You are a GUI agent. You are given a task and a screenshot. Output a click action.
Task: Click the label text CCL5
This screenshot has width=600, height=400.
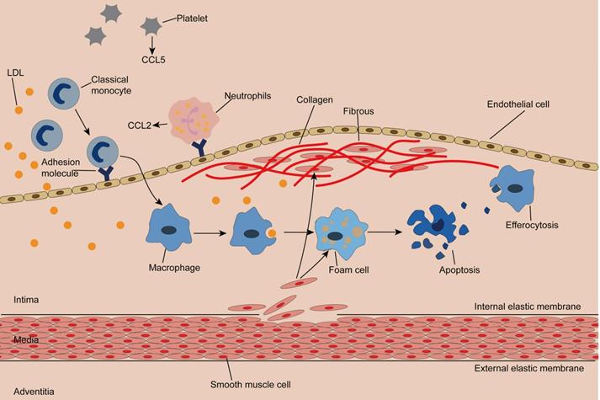(153, 60)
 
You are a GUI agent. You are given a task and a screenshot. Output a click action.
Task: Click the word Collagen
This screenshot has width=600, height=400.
(315, 99)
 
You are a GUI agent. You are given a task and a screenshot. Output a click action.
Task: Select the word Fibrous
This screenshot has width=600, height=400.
(358, 110)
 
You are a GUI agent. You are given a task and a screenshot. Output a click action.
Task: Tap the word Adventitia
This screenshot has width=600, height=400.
(32, 391)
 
